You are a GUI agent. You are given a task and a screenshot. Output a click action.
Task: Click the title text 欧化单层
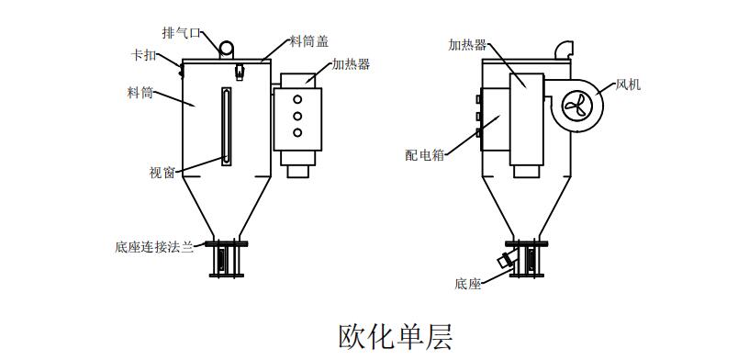[396, 335]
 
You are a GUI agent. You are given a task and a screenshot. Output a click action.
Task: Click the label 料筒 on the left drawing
[140, 92]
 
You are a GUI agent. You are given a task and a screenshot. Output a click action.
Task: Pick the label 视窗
[162, 171]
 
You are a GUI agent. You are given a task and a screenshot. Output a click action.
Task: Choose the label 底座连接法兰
[154, 246]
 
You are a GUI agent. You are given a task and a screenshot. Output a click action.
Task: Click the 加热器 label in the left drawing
[351, 64]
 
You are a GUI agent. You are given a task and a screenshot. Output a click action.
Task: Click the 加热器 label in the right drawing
[468, 43]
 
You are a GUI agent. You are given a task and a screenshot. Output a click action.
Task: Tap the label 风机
[628, 84]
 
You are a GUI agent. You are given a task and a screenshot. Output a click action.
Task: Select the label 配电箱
[424, 154]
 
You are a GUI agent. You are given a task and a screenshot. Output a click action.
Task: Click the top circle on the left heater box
[297, 97]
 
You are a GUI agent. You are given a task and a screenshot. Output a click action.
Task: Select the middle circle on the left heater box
[297, 115]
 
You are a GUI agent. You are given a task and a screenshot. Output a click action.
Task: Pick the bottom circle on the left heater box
[297, 133]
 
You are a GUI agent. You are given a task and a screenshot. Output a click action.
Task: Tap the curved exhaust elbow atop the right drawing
[563, 45]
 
